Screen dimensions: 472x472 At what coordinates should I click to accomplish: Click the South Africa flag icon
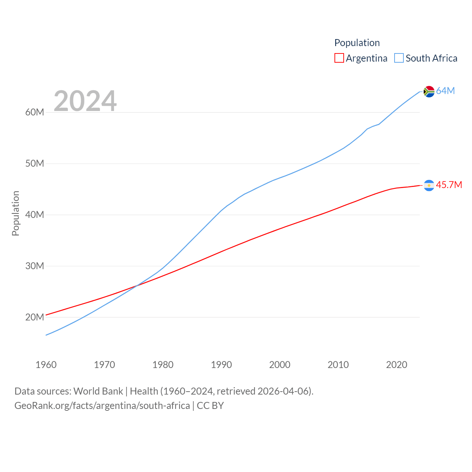coord(429,91)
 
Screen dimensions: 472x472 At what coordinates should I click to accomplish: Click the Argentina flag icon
coord(429,185)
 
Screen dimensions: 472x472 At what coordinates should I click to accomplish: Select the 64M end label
coord(445,91)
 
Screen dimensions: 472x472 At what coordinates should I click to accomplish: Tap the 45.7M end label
coord(449,185)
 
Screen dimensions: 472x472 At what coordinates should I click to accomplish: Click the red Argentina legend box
coord(339,58)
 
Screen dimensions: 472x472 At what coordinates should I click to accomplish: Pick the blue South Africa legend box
coord(399,58)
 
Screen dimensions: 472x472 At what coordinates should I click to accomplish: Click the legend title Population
coord(357,43)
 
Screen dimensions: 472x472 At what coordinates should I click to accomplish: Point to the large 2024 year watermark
coord(85,101)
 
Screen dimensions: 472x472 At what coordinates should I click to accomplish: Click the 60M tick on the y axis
coord(35,112)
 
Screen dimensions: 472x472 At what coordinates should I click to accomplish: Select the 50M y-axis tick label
coord(35,163)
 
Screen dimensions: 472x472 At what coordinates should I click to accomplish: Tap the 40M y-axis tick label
coord(35,215)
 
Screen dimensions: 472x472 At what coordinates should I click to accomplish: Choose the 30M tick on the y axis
coord(35,266)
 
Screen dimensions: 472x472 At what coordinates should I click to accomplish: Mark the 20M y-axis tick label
coord(35,317)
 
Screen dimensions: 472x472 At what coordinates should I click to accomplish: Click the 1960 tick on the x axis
coord(46,365)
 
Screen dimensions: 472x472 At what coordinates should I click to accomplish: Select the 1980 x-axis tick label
coord(163,365)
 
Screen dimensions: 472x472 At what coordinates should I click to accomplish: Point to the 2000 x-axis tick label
coord(280,365)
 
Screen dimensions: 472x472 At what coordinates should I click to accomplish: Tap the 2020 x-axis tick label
coord(397,365)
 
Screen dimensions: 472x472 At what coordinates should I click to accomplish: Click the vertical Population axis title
coord(15,213)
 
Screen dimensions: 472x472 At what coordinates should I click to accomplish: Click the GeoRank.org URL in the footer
coord(102,406)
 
